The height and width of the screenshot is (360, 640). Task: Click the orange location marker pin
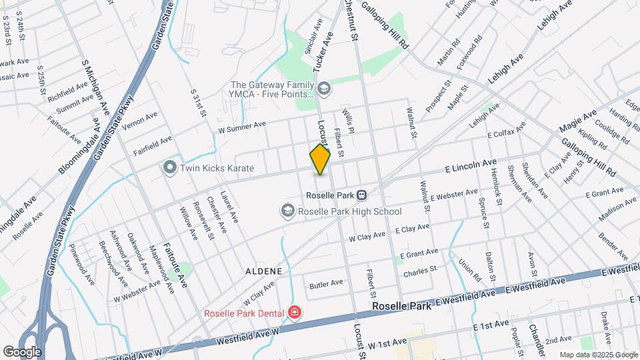click(x=320, y=159)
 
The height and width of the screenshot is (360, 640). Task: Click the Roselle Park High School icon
click(x=287, y=211)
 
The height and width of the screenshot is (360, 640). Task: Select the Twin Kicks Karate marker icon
click(x=169, y=167)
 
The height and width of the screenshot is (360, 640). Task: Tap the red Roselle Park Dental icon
click(x=294, y=312)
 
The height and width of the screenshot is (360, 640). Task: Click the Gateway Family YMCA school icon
click(x=323, y=88)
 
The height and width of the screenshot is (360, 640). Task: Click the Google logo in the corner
click(x=22, y=351)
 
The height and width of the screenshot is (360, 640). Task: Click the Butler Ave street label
click(x=326, y=283)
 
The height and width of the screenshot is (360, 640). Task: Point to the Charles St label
click(x=419, y=271)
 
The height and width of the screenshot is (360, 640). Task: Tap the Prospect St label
click(x=438, y=96)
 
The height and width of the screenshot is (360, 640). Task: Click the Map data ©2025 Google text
click(x=599, y=355)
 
